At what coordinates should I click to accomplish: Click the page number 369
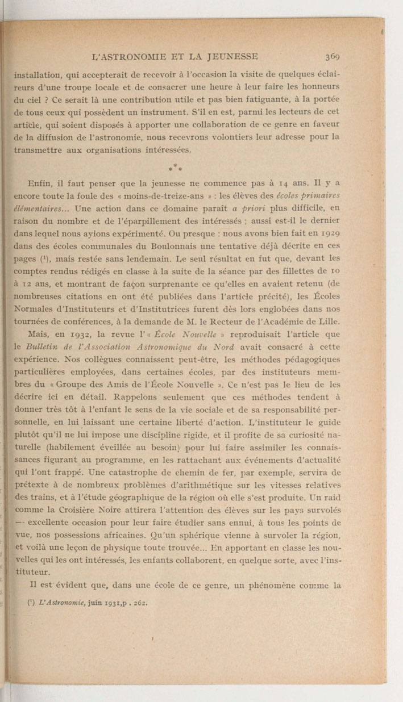[333, 56]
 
